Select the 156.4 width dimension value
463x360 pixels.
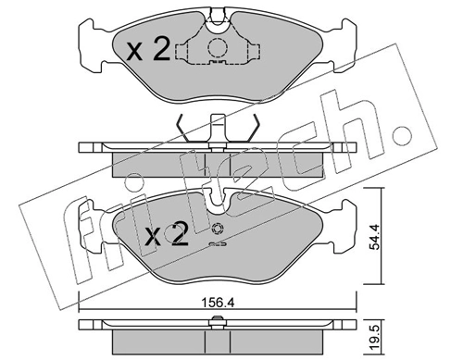coord(218,298)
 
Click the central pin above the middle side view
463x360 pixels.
coord(218,125)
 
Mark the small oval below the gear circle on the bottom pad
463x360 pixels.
coord(218,245)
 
